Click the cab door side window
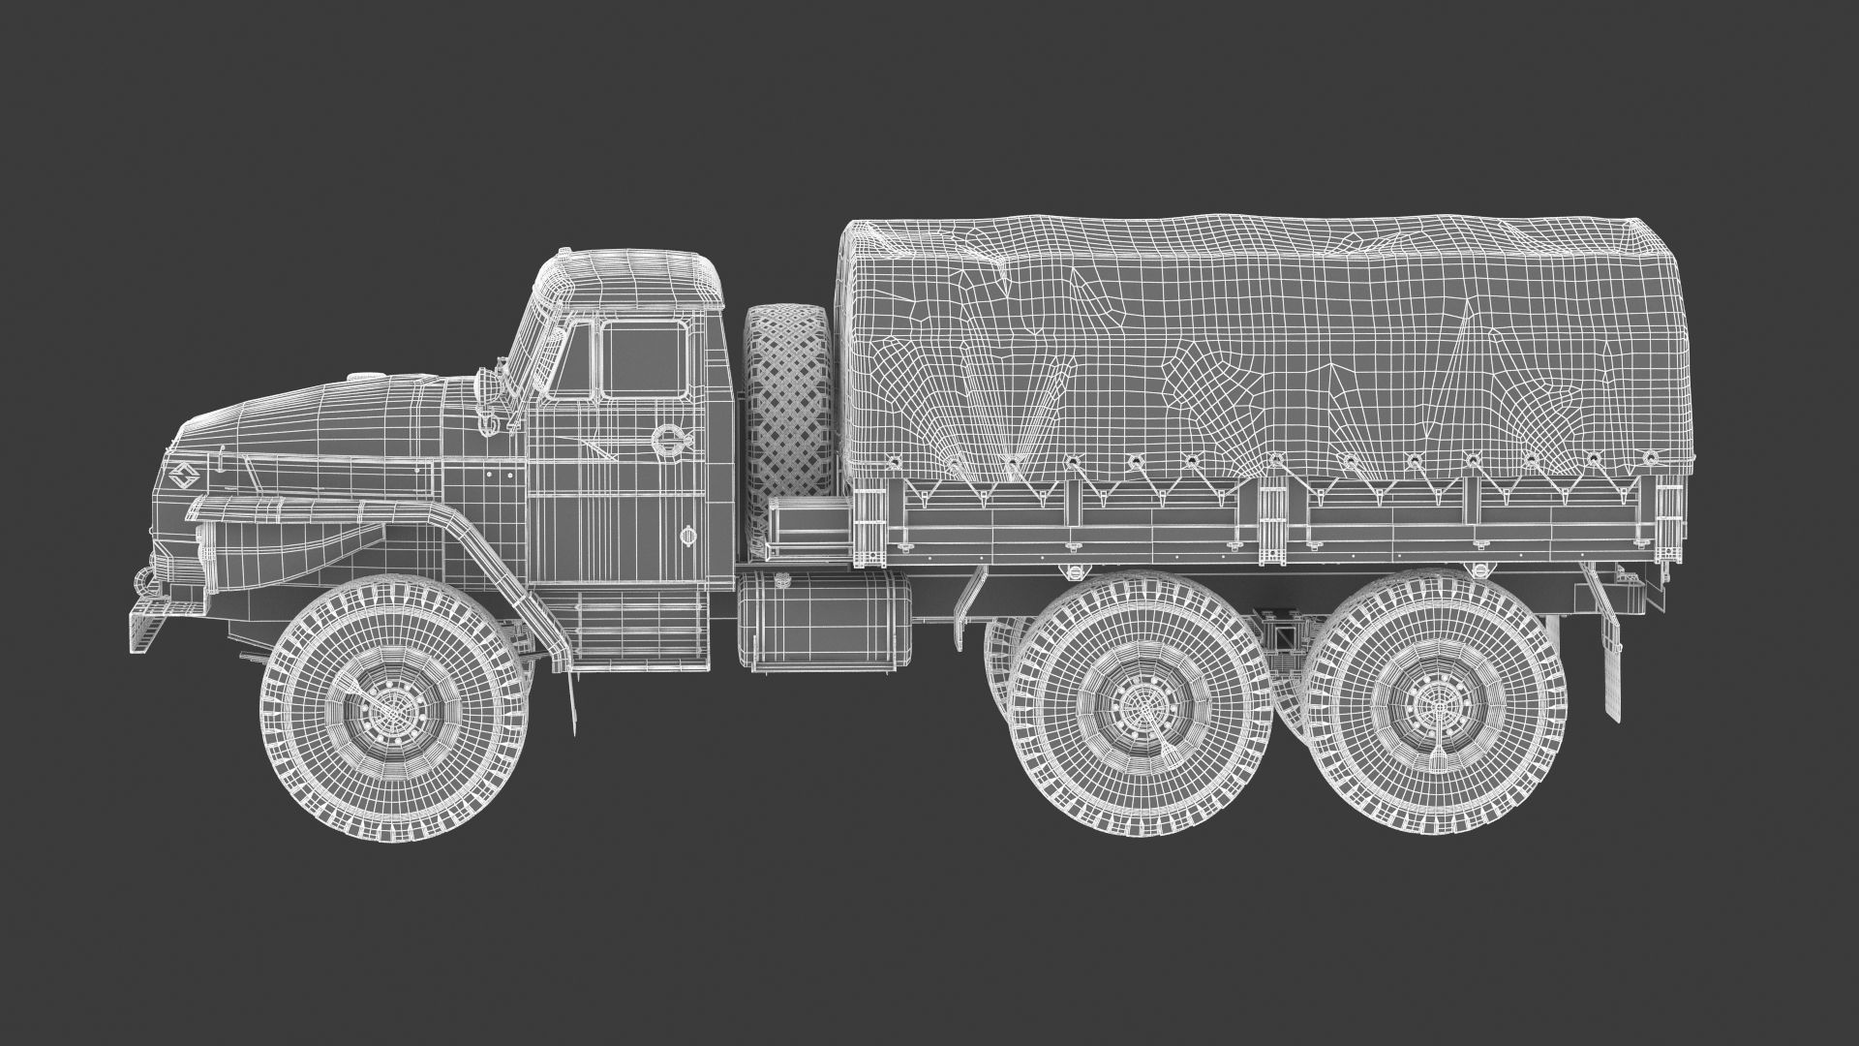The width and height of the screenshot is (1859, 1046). click(643, 360)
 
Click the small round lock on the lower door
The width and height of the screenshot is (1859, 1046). click(688, 535)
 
